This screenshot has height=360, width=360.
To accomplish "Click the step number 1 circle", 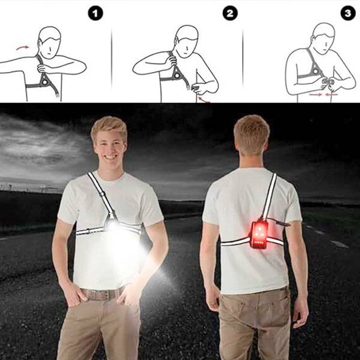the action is [x=95, y=14].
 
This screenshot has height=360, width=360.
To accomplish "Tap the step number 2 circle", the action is [x=230, y=13].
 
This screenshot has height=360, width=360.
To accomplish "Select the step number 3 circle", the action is [x=348, y=13].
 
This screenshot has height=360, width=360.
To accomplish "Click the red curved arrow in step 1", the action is [x=23, y=47].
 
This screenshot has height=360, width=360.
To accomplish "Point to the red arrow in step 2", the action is [x=204, y=99].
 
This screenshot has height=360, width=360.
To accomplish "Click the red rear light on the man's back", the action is [x=258, y=234].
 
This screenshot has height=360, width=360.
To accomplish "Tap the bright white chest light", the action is [x=113, y=226].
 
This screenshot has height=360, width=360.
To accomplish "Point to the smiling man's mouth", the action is [x=110, y=157].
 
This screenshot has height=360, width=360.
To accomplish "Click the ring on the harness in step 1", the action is [x=44, y=82].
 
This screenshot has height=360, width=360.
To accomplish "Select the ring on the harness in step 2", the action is [x=177, y=76].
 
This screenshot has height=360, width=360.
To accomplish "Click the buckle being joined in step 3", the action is [x=328, y=83].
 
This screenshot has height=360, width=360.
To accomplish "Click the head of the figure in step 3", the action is [x=323, y=38].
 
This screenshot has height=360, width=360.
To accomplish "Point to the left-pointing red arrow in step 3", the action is [x=331, y=94].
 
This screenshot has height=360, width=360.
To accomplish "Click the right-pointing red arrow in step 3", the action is [x=315, y=94].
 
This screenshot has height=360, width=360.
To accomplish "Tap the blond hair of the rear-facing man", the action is [x=251, y=131].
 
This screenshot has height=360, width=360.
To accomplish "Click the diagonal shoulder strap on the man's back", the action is [x=270, y=196].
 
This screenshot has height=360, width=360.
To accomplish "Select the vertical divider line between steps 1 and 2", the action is [x=112, y=58].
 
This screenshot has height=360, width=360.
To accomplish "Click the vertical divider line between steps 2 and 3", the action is [x=243, y=58].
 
